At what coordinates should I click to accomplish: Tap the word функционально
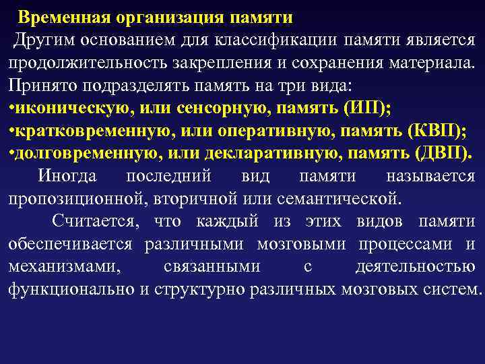(x=77, y=290)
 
